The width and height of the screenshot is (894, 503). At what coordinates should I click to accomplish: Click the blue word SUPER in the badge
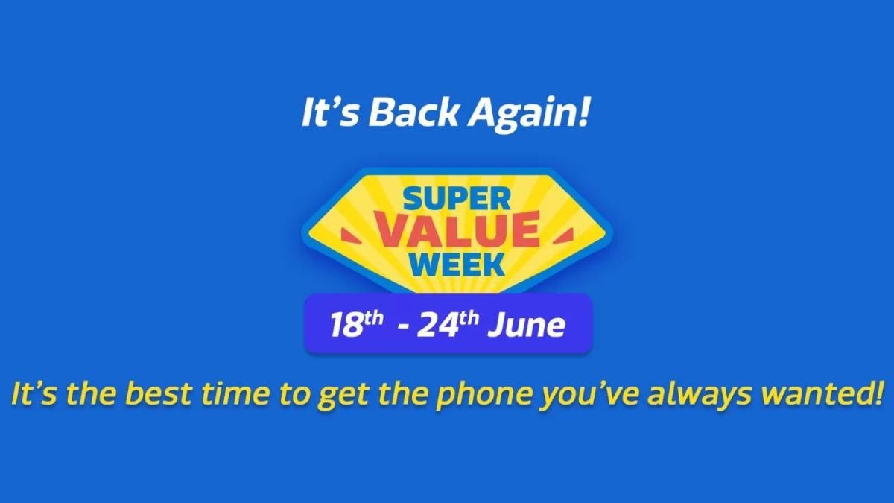point(457,199)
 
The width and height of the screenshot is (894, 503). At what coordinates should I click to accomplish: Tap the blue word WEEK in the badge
point(457,265)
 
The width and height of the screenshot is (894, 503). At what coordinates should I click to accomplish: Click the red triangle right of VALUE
point(563,235)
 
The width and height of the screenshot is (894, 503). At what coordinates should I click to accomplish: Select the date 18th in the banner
point(356,325)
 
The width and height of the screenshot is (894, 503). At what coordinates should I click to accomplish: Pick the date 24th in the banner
point(448,325)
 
